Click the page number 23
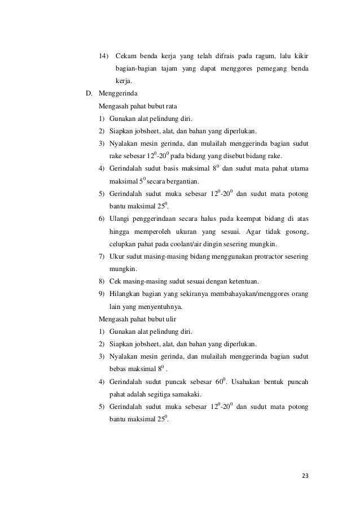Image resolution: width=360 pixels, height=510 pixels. (x=305, y=475)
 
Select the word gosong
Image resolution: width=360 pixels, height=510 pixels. (x=295, y=232)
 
